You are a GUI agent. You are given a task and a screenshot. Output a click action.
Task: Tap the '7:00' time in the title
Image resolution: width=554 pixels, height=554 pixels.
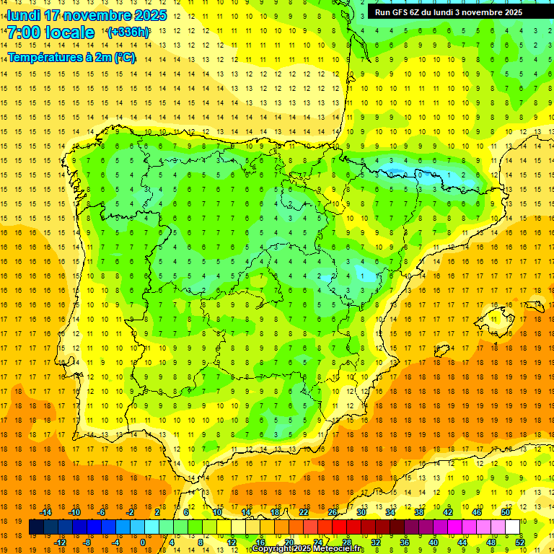[x=26, y=32]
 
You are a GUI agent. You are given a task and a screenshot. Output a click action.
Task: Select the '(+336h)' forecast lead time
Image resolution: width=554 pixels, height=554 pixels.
[x=128, y=32]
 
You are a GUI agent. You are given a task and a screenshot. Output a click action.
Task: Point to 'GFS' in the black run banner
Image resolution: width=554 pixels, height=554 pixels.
[x=399, y=12]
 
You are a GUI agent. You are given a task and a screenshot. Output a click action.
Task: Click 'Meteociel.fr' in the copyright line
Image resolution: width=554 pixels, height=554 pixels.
[x=336, y=549]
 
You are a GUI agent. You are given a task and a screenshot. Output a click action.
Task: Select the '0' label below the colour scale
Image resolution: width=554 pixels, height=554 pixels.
[x=143, y=542]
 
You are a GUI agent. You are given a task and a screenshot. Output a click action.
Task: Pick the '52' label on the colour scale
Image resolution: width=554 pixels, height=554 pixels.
[x=520, y=542]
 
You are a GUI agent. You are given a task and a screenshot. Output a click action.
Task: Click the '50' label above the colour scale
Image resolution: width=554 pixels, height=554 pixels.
[x=506, y=512]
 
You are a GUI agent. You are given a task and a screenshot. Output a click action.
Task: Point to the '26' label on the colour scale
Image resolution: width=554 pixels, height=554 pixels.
[x=333, y=512]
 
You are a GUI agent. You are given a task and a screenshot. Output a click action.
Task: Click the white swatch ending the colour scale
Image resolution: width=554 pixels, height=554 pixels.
[x=513, y=527]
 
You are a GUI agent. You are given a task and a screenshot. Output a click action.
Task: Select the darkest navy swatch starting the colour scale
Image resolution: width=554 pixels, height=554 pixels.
[x=36, y=527]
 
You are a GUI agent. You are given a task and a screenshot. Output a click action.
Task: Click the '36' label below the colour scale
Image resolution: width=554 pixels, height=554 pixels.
[x=405, y=542]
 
